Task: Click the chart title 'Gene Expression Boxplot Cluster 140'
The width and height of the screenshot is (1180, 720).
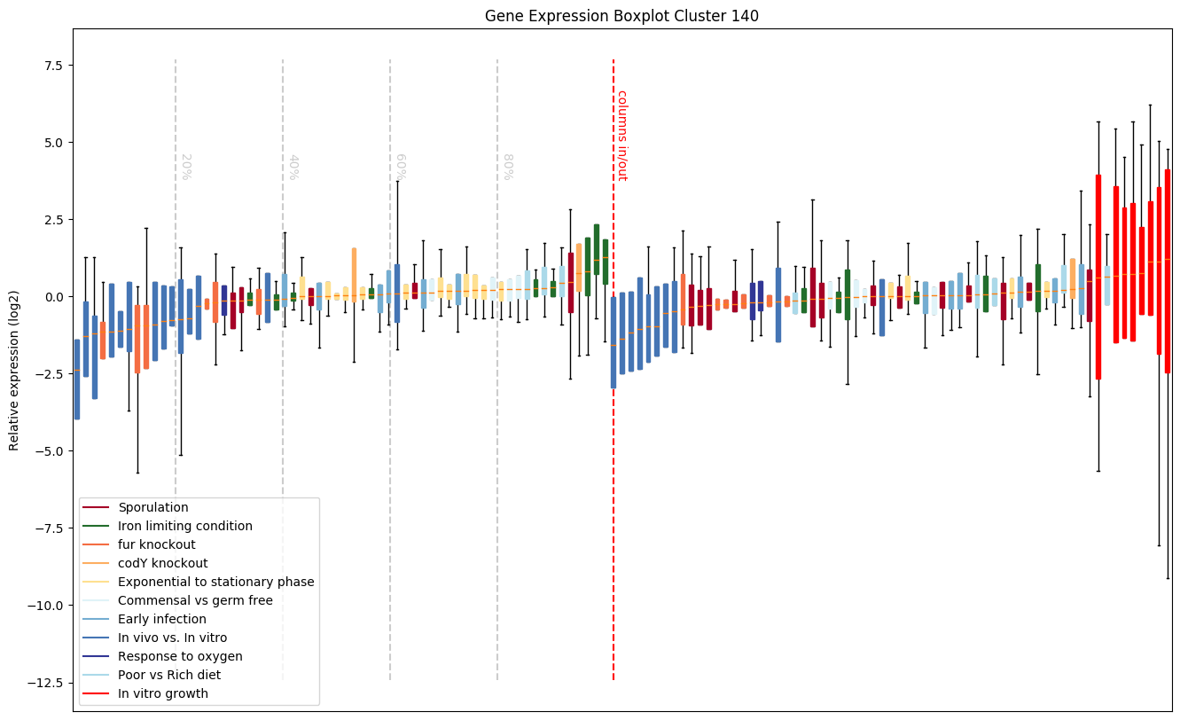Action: point(621,16)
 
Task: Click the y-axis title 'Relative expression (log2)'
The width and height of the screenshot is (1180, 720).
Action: point(14,371)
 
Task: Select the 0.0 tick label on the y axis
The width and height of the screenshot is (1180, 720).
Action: point(50,297)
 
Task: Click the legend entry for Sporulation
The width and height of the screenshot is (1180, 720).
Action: point(152,508)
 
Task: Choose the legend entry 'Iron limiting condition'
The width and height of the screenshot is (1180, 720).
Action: point(184,527)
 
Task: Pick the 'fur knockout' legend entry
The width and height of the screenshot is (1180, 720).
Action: point(156,545)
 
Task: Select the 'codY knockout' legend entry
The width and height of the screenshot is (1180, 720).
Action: point(162,564)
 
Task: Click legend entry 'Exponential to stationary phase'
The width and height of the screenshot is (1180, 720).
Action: point(215,583)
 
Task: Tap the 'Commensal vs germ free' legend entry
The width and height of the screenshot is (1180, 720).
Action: point(195,601)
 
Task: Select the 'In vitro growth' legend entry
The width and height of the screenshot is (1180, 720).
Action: point(162,694)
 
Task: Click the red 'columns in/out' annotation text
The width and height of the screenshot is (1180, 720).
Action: point(621,136)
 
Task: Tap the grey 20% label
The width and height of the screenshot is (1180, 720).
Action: point(185,167)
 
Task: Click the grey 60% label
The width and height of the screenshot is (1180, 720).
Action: point(400,167)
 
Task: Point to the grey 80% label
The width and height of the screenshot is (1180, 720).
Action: point(507,167)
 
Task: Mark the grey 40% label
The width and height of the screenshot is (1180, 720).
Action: point(293,167)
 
